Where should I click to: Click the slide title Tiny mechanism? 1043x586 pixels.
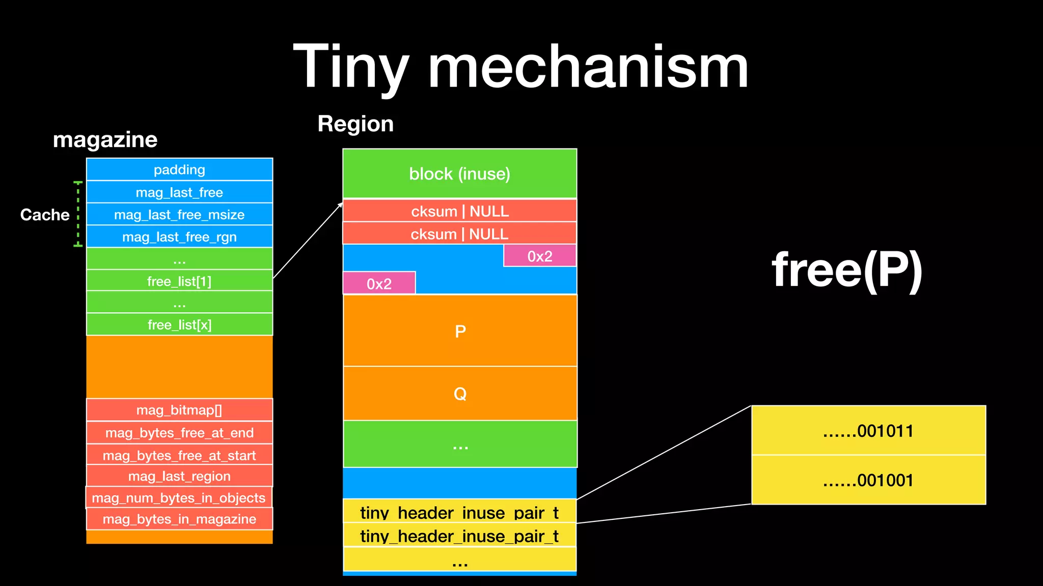coord(520,67)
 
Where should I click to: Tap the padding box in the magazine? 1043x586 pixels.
coord(179,169)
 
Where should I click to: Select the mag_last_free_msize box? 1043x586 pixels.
coord(179,215)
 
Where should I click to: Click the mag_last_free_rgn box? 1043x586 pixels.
coord(179,237)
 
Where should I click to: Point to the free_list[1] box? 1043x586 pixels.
coord(179,281)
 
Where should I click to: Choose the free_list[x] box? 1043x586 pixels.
coord(179,325)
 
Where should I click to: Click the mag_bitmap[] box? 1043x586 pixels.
coord(179,410)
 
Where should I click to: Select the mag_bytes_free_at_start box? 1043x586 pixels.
coord(179,455)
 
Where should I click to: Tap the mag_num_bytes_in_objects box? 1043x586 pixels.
coord(179,498)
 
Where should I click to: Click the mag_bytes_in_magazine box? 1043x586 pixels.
coord(179,519)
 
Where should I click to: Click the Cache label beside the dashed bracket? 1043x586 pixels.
coord(45,215)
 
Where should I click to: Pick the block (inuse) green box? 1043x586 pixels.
coord(459,174)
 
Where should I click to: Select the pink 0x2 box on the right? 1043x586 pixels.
coord(540,256)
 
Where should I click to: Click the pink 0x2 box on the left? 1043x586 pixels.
coord(379,283)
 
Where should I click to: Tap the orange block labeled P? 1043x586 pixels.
coord(460,331)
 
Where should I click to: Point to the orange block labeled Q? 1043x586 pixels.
coord(460,394)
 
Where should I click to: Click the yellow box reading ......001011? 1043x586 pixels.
coord(868,431)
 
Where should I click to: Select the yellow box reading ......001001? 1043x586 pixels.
coord(868,480)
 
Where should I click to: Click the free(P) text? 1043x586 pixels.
coord(847,270)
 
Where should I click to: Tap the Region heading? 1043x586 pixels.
coord(355,124)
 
